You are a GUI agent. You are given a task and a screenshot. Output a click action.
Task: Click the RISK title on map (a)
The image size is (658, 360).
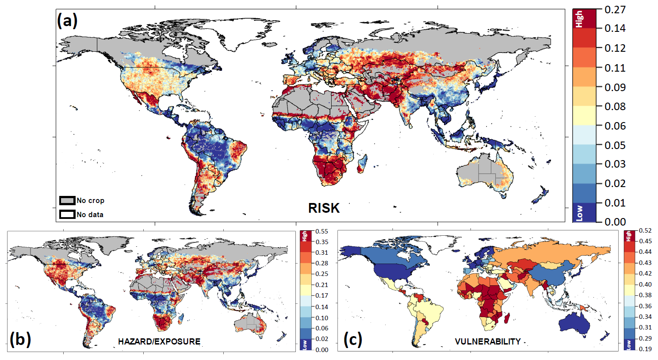coord(324,208)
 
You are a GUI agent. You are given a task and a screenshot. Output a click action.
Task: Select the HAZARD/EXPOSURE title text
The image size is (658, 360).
coord(159,341)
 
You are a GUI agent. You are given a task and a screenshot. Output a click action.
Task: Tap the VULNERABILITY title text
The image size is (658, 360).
coord(488,341)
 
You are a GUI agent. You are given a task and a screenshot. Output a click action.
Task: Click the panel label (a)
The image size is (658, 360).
coord(67,20)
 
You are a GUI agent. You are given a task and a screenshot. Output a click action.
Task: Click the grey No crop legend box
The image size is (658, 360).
coord(67,200)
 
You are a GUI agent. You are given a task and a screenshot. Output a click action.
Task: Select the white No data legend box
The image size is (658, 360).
coord(67,214)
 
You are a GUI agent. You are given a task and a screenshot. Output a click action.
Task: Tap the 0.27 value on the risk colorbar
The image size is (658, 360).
coord(615,10)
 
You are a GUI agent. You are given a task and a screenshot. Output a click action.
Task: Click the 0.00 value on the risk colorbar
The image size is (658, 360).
coord(615,222)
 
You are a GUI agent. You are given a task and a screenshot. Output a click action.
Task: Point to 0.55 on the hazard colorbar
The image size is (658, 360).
coord(322,231)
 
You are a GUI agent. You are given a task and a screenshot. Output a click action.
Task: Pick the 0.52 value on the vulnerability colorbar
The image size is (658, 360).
coord(646,231)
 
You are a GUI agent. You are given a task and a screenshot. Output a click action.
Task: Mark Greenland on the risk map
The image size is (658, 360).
coord(248,33)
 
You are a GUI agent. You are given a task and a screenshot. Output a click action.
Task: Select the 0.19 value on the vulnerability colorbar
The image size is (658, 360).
coord(646,349)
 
